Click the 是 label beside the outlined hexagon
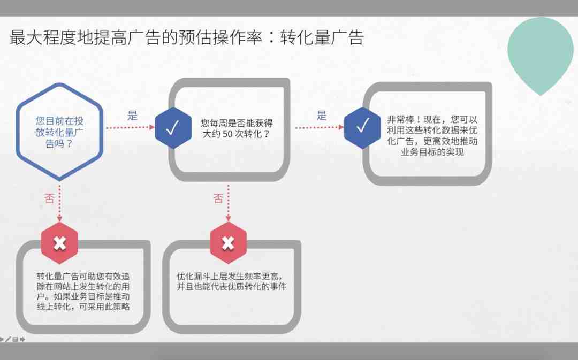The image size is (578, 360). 132,116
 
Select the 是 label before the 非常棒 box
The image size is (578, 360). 322,116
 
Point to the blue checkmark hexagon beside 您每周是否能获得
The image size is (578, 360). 173,128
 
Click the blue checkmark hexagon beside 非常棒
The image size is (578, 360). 362,128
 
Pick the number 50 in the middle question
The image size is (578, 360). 227,134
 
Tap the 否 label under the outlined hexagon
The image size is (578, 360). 49,198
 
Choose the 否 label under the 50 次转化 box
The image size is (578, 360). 218,198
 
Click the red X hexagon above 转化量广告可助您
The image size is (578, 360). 60,243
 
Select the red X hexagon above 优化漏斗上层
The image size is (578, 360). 228,243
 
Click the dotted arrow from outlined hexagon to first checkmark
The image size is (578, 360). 131,127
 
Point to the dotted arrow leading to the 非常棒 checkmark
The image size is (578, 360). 320,127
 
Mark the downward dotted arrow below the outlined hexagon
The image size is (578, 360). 60,203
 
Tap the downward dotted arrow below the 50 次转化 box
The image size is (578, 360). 228,203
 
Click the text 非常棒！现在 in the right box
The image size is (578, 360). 414,119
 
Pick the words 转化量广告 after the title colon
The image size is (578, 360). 322,37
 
